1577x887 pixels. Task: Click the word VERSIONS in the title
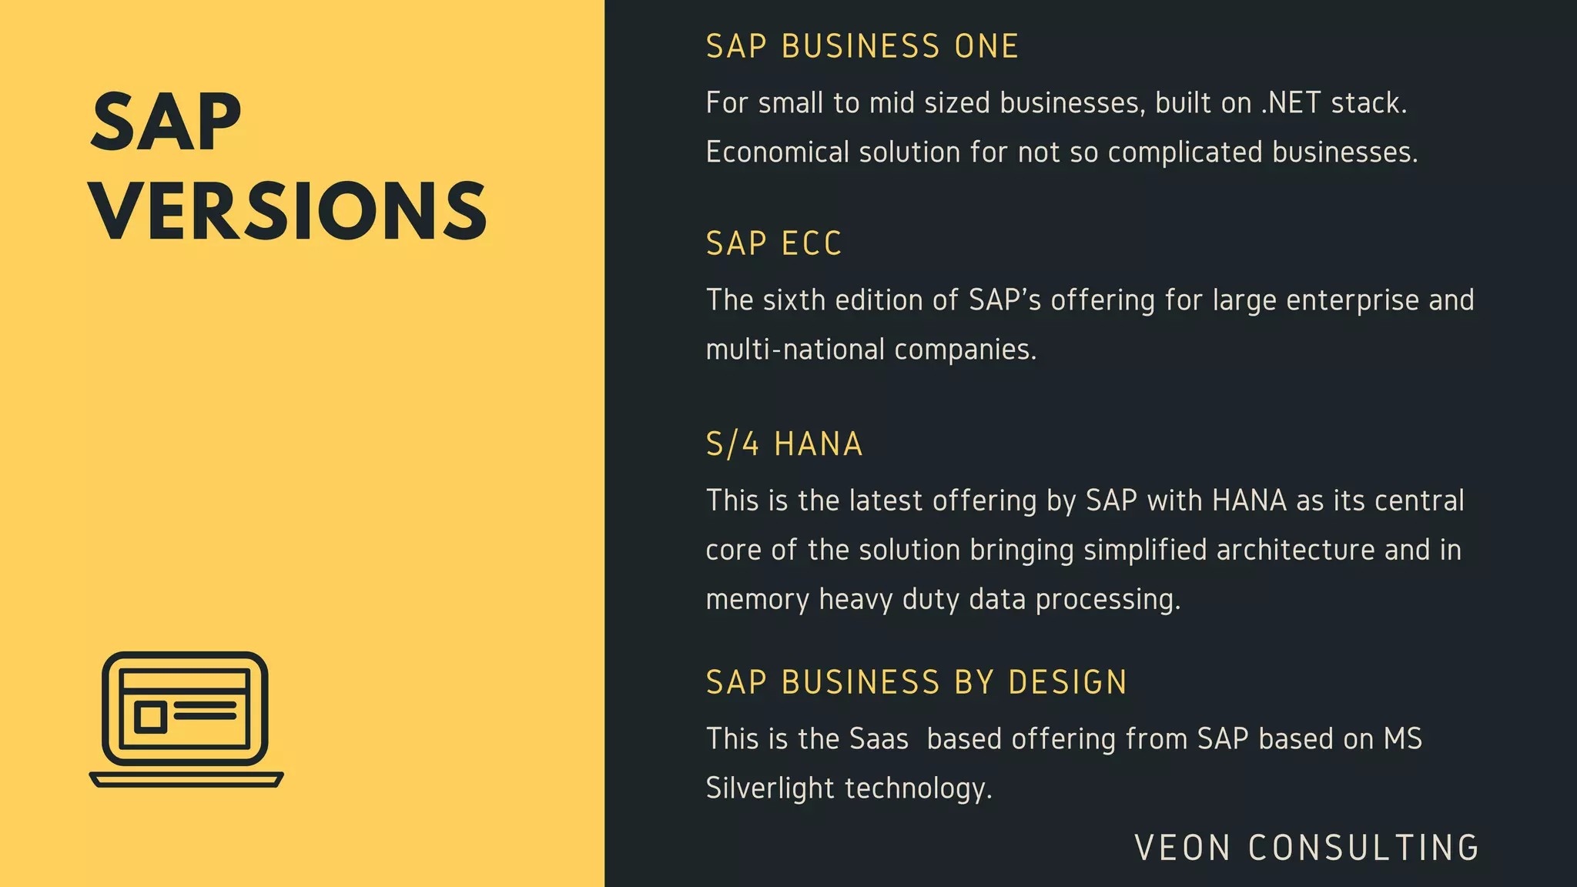[x=288, y=211]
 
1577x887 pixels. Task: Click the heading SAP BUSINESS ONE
[x=862, y=47]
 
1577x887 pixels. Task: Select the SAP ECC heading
[x=774, y=244]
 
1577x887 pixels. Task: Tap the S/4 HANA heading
[x=784, y=444]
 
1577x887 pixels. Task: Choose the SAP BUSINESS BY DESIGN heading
[x=916, y=683]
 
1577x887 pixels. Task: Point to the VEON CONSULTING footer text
[x=1307, y=848]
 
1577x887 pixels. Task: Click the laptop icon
[x=186, y=718]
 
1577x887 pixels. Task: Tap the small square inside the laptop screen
[x=150, y=717]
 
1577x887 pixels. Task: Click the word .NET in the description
[x=1291, y=103]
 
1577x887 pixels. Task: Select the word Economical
[x=777, y=152]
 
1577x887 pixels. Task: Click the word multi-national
[x=795, y=350]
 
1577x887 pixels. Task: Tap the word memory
[x=757, y=599]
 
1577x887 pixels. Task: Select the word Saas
[x=879, y=739]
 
